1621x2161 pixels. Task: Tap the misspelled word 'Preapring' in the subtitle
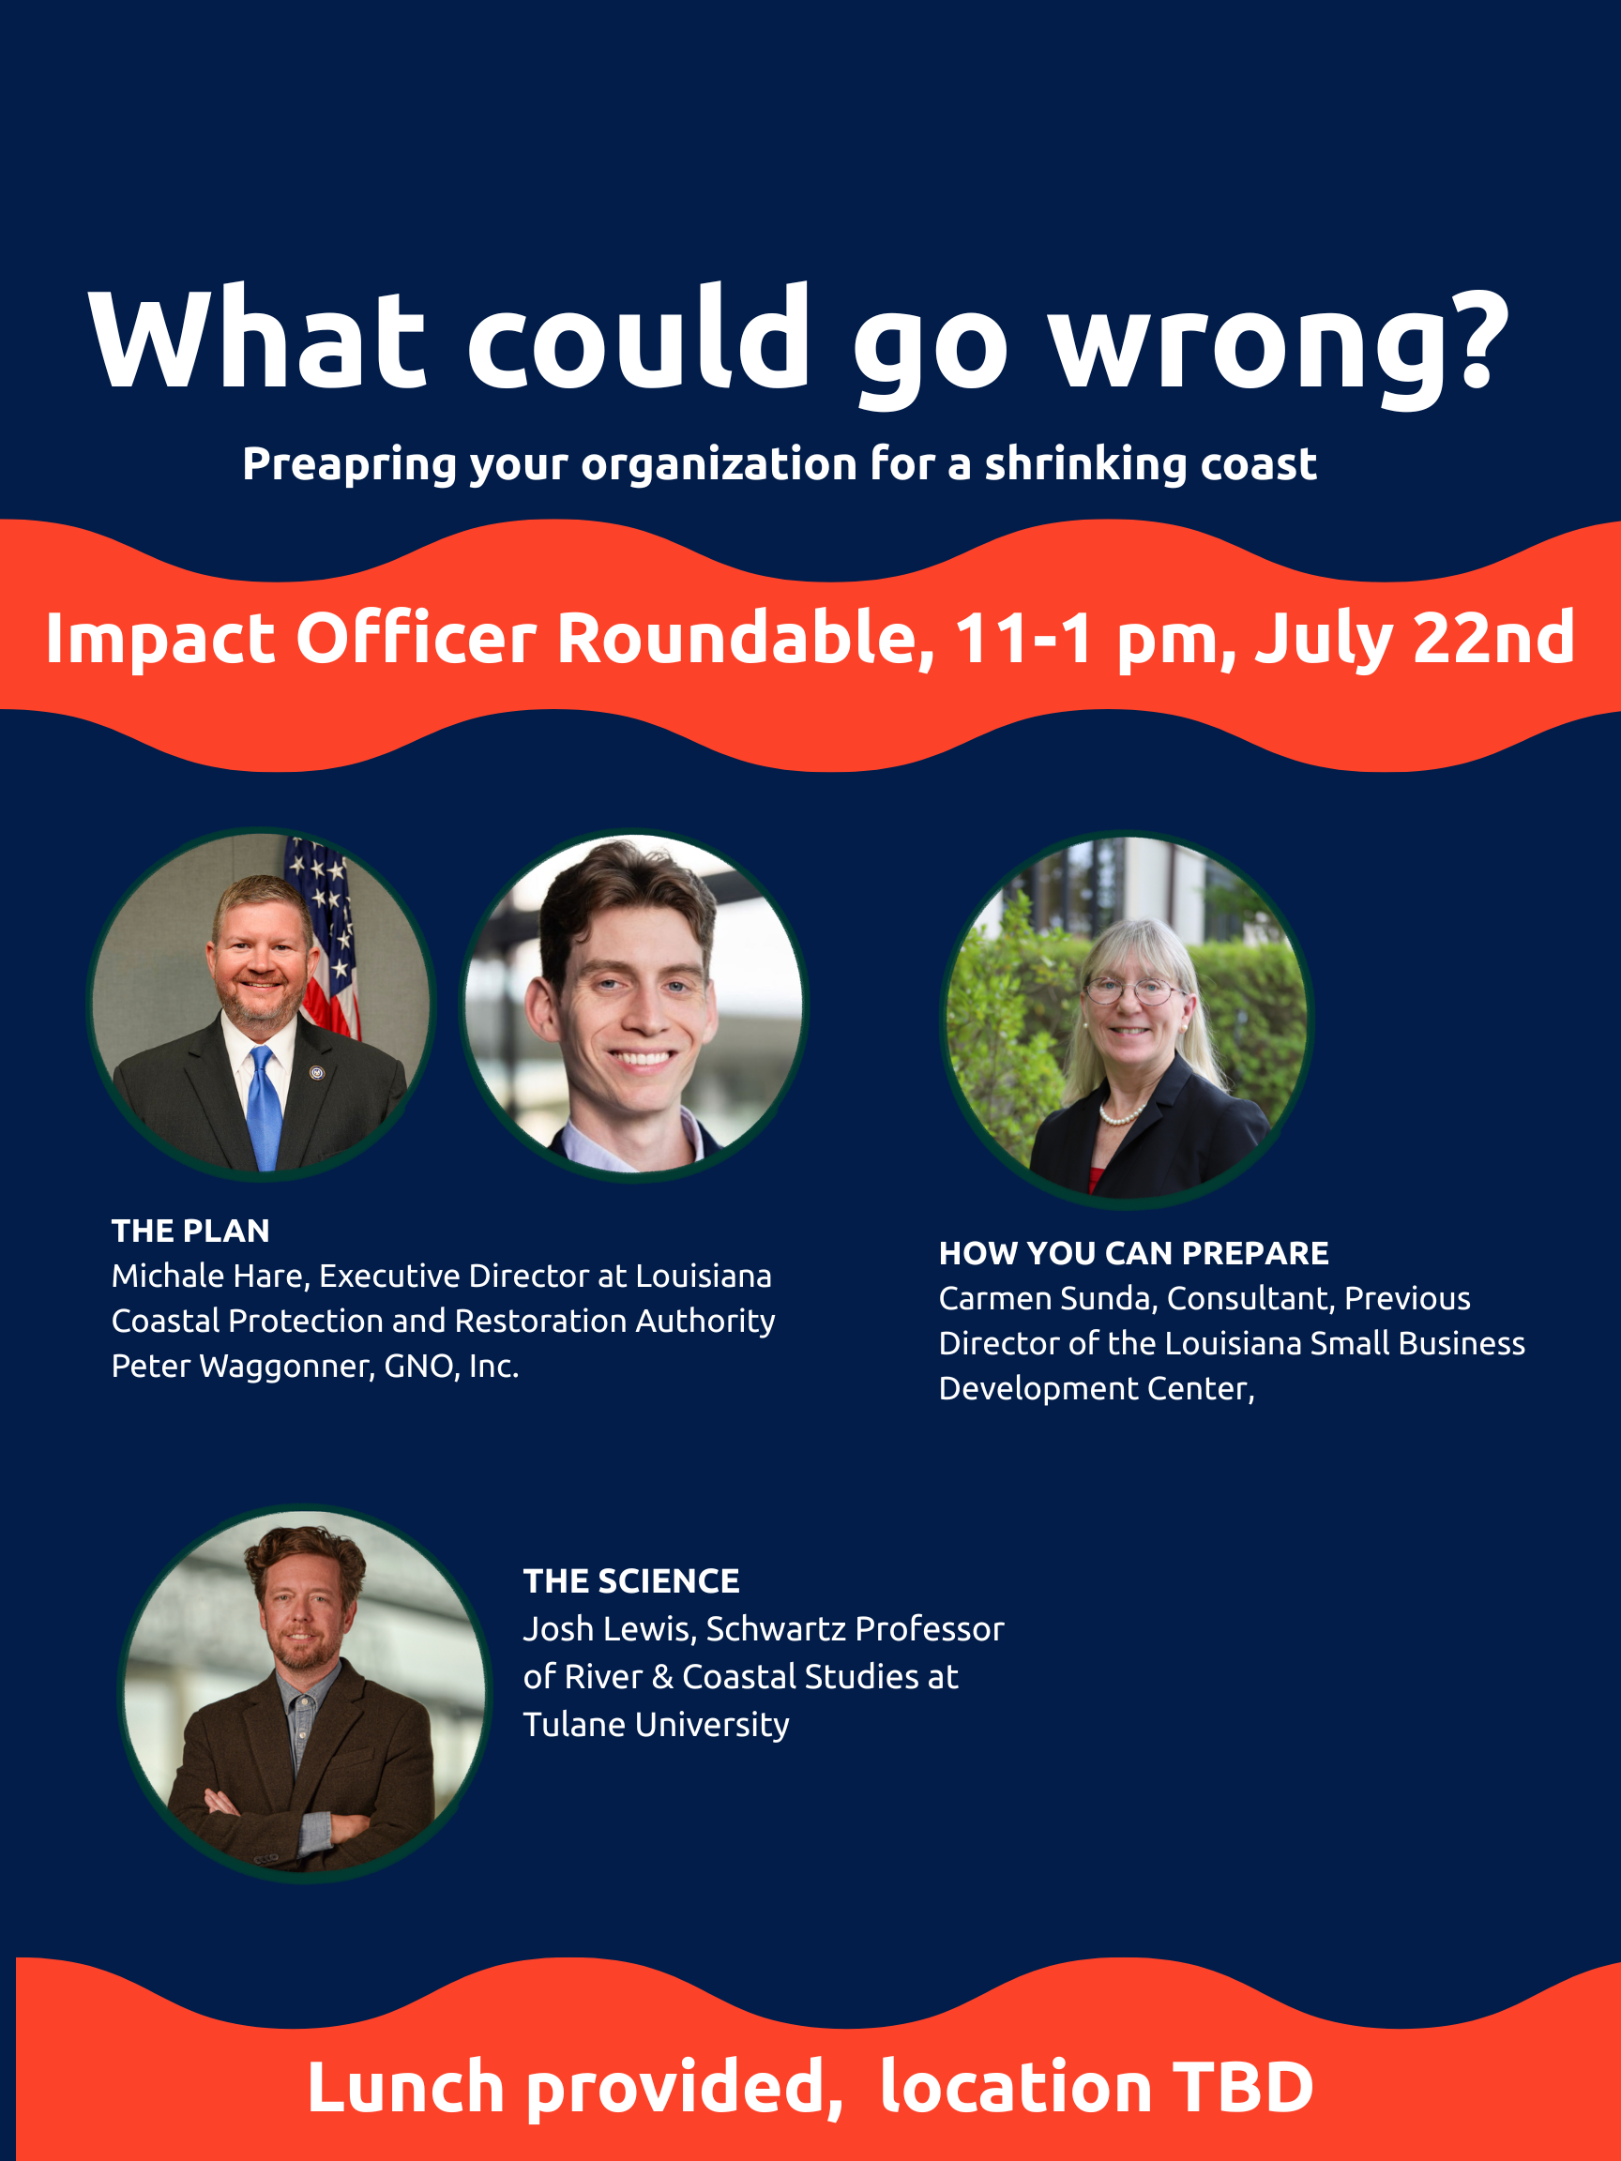(x=349, y=464)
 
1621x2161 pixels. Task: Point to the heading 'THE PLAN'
(x=190, y=1231)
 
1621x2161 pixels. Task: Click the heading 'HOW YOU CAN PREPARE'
(x=1133, y=1253)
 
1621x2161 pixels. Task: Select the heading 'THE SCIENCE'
(x=631, y=1581)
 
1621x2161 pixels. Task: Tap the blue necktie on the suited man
(x=264, y=1107)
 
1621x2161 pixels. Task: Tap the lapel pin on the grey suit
(x=316, y=1073)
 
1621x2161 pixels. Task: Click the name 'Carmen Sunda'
(x=1046, y=1298)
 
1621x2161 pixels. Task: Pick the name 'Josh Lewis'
(x=609, y=1628)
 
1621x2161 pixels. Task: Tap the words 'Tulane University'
(x=656, y=1725)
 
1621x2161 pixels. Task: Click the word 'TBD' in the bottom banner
(x=1243, y=2088)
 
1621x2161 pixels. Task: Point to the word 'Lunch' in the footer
(x=405, y=2088)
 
